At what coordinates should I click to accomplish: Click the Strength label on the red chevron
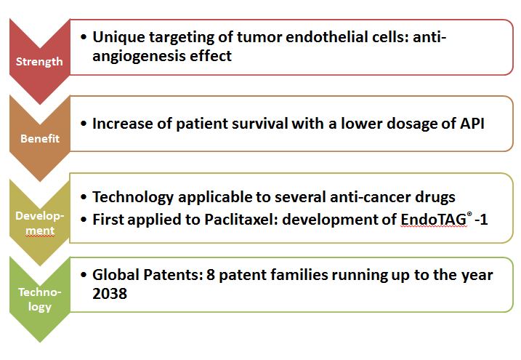[x=39, y=62]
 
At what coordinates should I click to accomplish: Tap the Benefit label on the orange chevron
[x=40, y=138]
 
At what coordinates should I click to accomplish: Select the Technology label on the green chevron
[x=40, y=299]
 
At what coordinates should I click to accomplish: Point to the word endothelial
[x=333, y=36]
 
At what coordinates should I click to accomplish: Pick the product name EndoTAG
[x=434, y=220]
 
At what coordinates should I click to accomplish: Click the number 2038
[x=110, y=294]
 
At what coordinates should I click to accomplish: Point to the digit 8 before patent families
[x=211, y=275]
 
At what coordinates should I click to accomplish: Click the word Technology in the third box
[x=133, y=197]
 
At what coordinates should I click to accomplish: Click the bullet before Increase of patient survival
[x=84, y=124]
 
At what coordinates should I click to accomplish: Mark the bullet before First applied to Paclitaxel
[x=84, y=220]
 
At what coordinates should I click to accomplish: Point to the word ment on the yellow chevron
[x=40, y=230]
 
